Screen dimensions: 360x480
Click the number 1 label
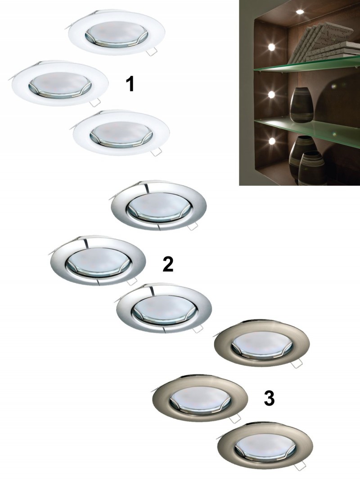130,85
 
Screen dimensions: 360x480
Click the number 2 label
168,265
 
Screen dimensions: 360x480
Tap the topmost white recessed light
116,35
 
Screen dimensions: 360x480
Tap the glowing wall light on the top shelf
271,47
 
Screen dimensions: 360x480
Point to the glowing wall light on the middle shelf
271,94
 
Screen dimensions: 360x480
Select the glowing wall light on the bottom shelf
271,141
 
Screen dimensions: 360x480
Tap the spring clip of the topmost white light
151,52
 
